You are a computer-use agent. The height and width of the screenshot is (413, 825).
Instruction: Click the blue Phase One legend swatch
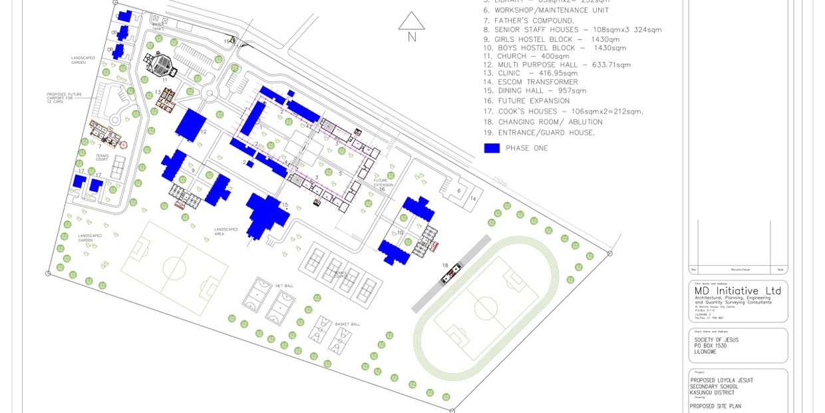(492, 148)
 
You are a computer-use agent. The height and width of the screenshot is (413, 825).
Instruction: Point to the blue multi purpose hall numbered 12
(191, 124)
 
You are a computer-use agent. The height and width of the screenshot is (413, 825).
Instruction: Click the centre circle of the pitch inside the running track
(486, 308)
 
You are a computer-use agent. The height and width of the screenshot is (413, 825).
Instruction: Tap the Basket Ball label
(347, 324)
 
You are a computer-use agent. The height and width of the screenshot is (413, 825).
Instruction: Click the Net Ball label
(284, 286)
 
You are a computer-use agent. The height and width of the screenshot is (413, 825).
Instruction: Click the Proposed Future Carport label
(64, 98)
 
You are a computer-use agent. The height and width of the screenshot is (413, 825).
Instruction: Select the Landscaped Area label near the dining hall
(226, 232)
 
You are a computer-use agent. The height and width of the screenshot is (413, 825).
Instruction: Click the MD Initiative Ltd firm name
(738, 291)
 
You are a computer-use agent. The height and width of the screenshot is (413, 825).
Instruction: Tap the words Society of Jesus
(716, 340)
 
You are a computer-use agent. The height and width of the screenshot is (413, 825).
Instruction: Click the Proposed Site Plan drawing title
(715, 406)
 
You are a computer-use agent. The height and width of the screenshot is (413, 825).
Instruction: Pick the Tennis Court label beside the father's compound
(102, 159)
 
